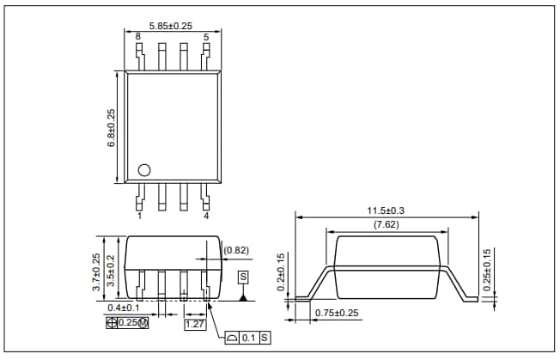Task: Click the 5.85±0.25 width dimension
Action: click(x=172, y=26)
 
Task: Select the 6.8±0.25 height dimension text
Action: click(x=111, y=128)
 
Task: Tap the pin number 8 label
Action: click(x=138, y=37)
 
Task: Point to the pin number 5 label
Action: click(x=206, y=37)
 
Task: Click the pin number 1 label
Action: click(x=139, y=216)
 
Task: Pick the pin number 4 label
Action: click(x=206, y=216)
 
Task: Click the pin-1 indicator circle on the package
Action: click(x=144, y=169)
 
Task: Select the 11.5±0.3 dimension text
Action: click(x=387, y=211)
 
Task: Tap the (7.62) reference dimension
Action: click(x=387, y=225)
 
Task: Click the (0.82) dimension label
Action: click(x=236, y=250)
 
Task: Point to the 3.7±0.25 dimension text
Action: click(x=96, y=271)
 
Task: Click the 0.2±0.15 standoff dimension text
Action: click(x=283, y=272)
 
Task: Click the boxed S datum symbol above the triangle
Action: click(x=243, y=277)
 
